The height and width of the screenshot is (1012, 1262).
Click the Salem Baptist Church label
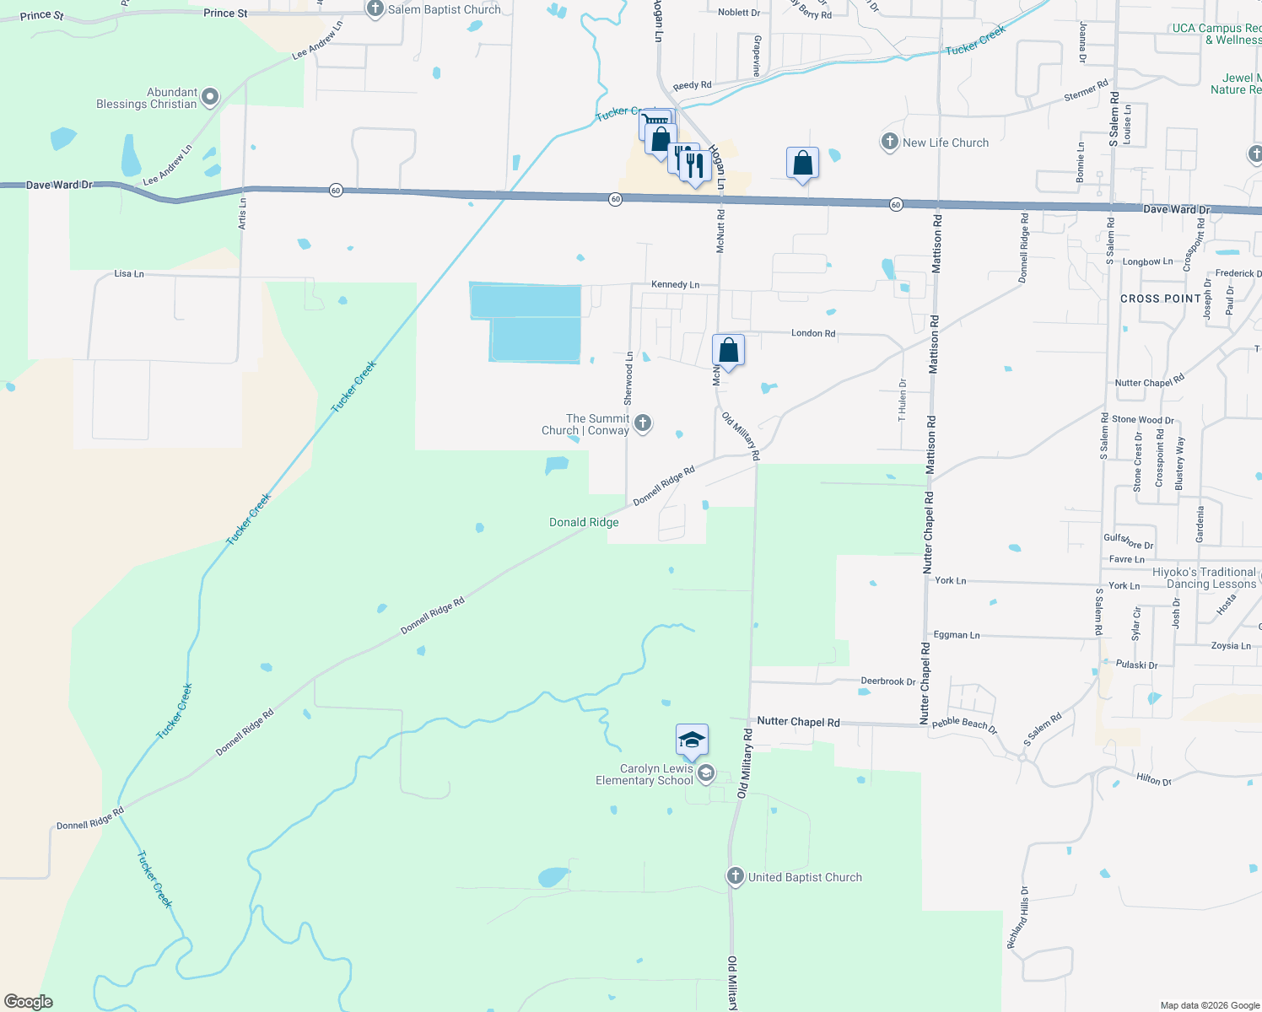coord(444,9)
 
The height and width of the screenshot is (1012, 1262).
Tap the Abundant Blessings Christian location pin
coord(211,97)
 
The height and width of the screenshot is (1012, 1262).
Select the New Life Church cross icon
coord(889,142)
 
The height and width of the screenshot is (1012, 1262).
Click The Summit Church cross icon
coord(643,423)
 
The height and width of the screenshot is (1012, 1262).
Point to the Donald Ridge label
coord(584,523)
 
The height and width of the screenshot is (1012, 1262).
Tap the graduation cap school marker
coord(691,740)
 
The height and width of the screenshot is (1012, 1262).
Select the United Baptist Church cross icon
coord(735,876)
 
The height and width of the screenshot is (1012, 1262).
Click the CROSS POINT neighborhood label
coord(1160,299)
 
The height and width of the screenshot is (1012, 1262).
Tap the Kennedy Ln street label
coord(675,285)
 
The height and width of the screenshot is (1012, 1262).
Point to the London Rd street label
coord(813,333)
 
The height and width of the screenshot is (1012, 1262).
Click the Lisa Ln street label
coord(129,274)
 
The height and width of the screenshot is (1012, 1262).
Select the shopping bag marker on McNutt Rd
coord(728,350)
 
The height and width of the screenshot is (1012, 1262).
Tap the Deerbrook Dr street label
coord(887,681)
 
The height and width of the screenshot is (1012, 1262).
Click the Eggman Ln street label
coord(957,635)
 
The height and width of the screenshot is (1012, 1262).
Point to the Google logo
coord(29,1002)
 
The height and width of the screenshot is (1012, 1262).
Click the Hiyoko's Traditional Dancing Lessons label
coord(1204,578)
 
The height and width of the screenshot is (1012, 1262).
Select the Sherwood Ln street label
coord(628,377)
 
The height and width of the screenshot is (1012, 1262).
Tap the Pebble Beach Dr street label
coord(964,725)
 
